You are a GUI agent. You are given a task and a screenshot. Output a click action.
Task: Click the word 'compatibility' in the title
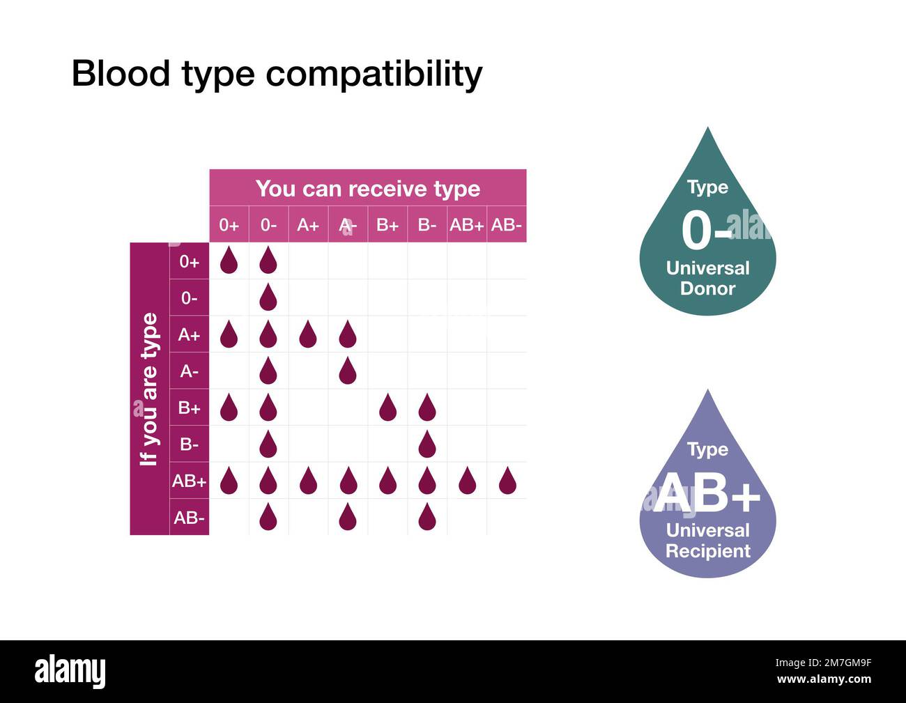point(374,75)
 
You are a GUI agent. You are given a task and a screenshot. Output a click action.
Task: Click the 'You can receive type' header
point(367,189)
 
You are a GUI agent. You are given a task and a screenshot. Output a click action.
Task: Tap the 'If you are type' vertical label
point(149,389)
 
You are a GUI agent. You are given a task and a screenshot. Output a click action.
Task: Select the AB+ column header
point(466,225)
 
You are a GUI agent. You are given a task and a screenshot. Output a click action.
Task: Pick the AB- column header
point(506,225)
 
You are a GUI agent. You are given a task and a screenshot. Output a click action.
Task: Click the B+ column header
point(387,225)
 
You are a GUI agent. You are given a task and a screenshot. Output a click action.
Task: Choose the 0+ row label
point(189,262)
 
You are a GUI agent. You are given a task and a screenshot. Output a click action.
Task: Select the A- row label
point(189,371)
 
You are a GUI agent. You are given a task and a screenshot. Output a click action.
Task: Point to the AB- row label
point(189,518)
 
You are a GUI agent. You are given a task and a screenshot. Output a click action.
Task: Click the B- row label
point(189,444)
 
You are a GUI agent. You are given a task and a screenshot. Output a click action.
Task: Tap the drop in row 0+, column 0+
point(229,261)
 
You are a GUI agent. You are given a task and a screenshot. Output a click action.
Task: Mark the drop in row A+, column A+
point(307,335)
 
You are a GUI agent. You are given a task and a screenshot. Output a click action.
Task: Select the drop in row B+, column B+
point(387,408)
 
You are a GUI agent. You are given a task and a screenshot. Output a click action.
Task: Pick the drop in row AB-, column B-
point(427,517)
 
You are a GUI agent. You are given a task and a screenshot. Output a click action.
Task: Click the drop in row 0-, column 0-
point(268,298)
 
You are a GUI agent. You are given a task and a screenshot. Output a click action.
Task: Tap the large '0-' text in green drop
point(706,231)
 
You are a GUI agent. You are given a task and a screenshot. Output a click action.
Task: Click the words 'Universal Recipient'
point(707,541)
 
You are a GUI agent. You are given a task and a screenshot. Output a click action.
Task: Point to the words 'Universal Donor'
point(707,278)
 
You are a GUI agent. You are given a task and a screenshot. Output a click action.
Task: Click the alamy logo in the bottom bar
point(70,672)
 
